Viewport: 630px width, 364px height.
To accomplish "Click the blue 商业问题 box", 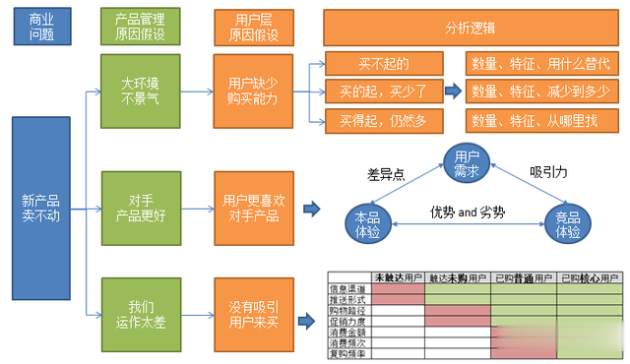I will [x=42, y=27].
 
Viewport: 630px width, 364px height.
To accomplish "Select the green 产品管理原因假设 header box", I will [x=139, y=27].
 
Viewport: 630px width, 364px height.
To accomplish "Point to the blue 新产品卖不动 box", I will [x=41, y=209].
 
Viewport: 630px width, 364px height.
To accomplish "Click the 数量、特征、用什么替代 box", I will [x=540, y=64].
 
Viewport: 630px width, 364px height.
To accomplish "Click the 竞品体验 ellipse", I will [x=567, y=224].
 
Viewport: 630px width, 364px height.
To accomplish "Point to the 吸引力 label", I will [x=547, y=170].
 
